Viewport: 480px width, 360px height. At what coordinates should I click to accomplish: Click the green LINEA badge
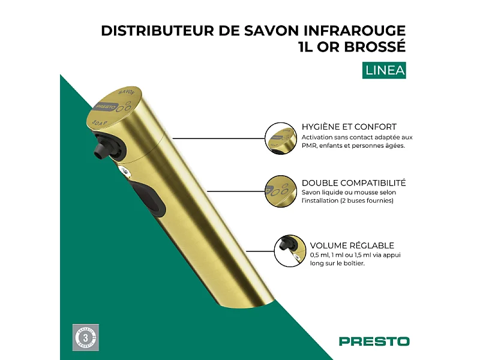pos(385,70)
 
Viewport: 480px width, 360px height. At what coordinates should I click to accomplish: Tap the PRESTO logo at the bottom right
pos(374,341)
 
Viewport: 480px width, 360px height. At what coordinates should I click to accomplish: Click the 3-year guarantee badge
pos(85,338)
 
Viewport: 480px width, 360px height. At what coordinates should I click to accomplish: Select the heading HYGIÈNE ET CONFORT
pos(349,127)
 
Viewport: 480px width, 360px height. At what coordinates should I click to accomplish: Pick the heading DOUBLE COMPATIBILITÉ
pos(353,182)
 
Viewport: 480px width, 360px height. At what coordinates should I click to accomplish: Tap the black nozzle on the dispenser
pos(99,149)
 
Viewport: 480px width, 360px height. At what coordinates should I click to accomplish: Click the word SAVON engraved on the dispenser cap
pos(125,93)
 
